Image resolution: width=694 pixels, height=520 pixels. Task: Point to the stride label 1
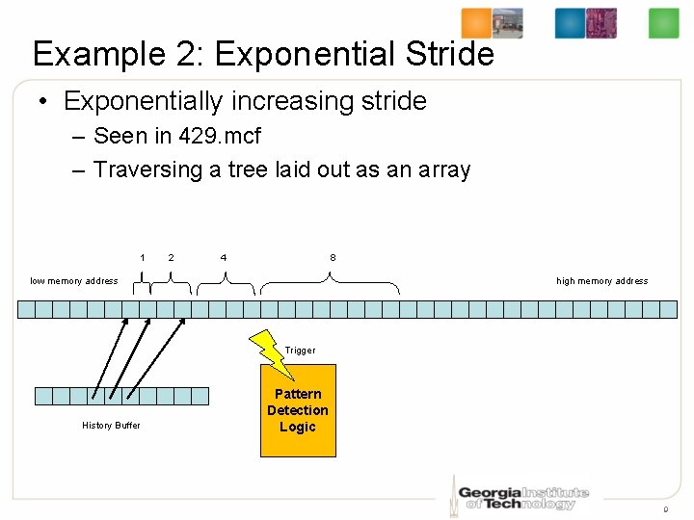pos(143,257)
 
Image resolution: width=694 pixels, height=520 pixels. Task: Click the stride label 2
pos(171,257)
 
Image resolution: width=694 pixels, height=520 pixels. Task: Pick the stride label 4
pos(224,257)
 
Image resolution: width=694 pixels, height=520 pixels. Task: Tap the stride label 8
pos(333,257)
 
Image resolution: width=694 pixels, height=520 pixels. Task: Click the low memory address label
pos(74,281)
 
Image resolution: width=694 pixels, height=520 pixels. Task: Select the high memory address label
pos(601,281)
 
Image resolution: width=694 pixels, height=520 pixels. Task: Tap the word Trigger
pos(300,351)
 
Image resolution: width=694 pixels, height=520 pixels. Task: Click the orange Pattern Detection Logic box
pos(298,410)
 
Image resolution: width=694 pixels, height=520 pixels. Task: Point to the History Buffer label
pos(111,425)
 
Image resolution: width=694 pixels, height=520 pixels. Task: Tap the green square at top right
pos(663,23)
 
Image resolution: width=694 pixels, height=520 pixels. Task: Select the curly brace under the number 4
pos(226,281)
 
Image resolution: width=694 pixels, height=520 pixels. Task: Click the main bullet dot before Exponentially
pos(44,101)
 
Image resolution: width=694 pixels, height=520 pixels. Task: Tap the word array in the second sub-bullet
pos(443,170)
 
